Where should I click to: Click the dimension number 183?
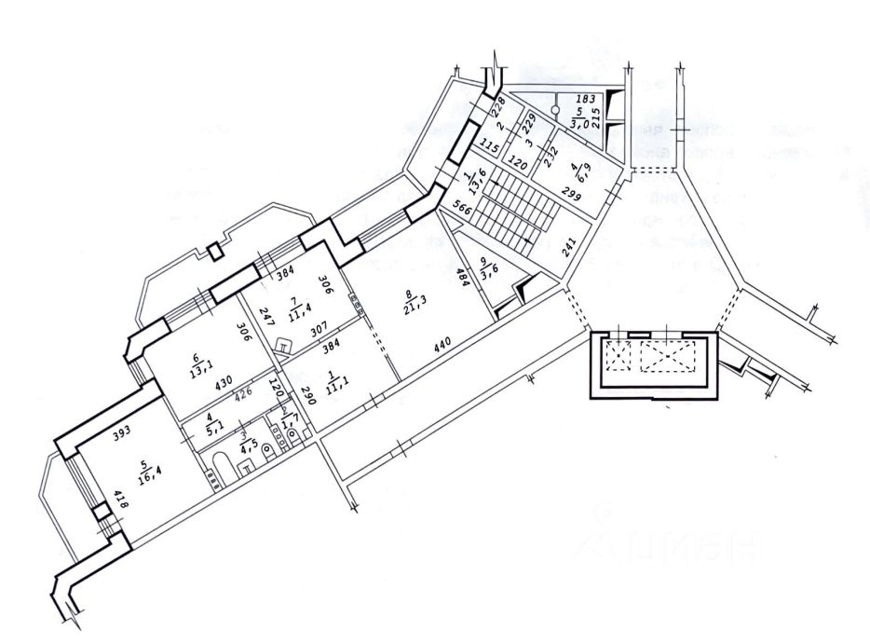click(584, 98)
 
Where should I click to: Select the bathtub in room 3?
click(224, 465)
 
